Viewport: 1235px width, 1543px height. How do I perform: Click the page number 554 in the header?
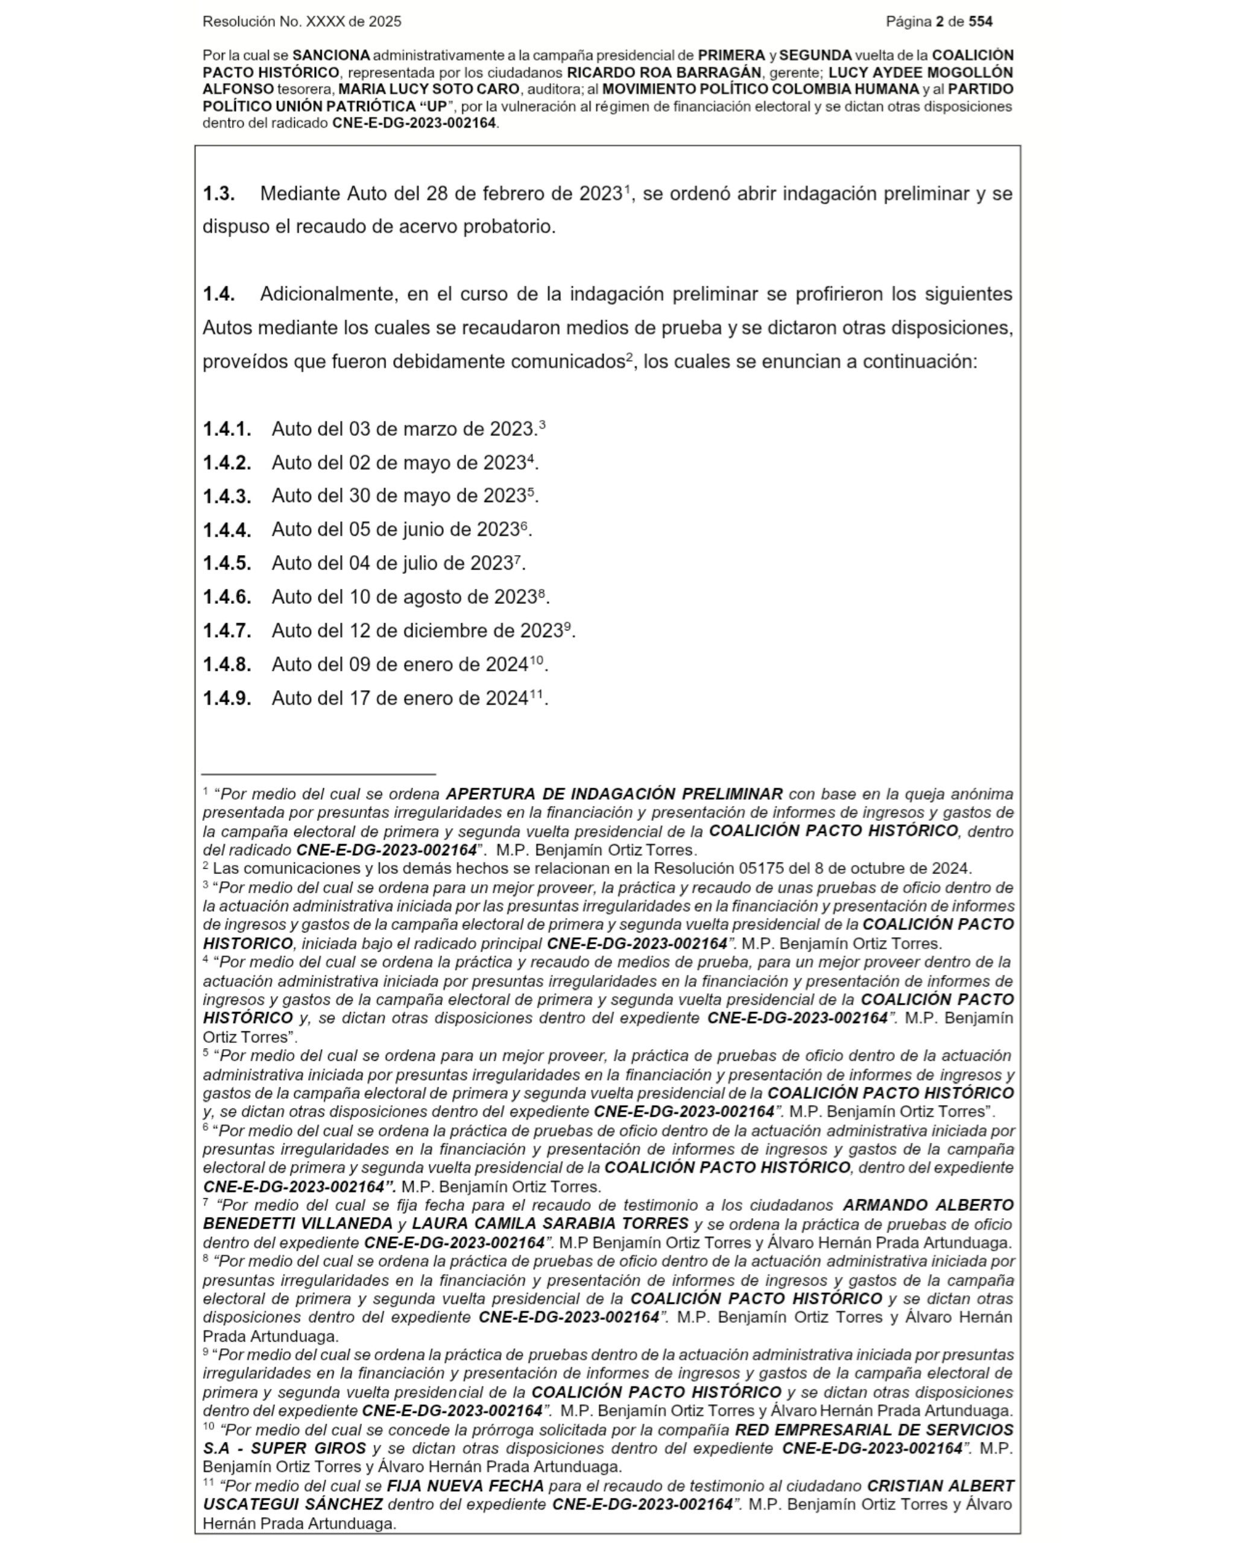[x=980, y=22]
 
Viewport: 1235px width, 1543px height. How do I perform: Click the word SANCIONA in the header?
[x=331, y=55]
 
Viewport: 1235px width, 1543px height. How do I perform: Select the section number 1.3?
[x=218, y=194]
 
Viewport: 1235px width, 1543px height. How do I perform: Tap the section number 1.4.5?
[x=227, y=563]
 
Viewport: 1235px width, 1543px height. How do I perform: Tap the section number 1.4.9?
[x=227, y=698]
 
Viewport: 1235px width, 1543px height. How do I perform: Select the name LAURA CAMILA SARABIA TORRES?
[x=550, y=1224]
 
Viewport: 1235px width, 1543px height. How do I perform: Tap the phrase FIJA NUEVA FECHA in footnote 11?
[x=466, y=1485]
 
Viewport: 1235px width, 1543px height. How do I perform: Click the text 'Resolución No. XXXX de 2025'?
[x=302, y=22]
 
